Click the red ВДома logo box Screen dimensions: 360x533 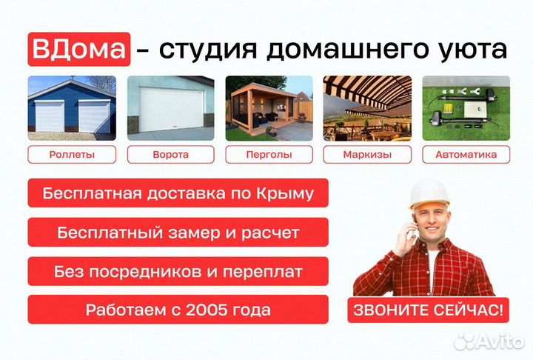pos(79,49)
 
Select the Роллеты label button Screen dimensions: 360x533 pos(72,155)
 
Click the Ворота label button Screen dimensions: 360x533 pos(170,155)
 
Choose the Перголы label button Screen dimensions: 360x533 pos(269,155)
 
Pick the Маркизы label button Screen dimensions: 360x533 pos(367,155)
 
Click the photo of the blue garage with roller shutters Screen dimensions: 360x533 pos(72,107)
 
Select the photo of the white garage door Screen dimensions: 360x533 pos(170,107)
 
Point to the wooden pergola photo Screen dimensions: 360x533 pos(269,107)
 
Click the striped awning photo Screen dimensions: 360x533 pos(367,107)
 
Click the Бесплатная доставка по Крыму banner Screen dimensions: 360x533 pos(178,194)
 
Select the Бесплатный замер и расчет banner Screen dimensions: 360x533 pos(178,233)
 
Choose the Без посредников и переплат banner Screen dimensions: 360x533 pos(178,271)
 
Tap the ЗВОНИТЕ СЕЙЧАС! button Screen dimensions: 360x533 pos(429,310)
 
